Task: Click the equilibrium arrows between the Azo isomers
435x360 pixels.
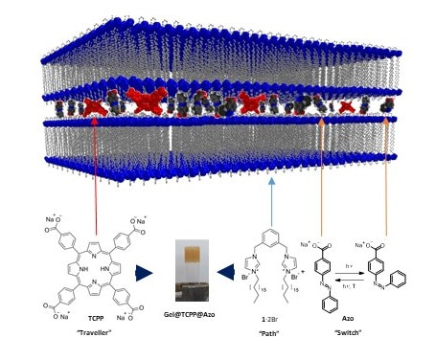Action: [347, 272]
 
